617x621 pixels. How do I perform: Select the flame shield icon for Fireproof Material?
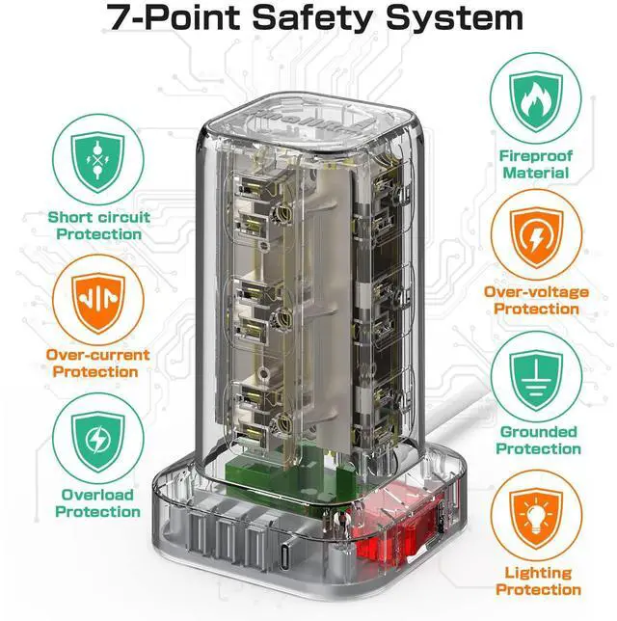coord(536,101)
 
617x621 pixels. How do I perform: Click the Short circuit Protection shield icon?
coord(98,161)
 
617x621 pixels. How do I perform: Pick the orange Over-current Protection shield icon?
coord(98,302)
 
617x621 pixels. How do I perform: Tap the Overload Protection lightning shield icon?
coord(98,441)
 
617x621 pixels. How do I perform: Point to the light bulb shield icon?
coord(536,518)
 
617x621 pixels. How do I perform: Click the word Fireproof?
coord(535,155)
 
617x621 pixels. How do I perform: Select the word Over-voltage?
coord(536,292)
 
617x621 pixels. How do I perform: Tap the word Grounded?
coord(538,432)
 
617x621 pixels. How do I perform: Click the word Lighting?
coord(538,573)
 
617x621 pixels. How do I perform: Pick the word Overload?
coord(97,495)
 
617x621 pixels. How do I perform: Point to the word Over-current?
coord(97,355)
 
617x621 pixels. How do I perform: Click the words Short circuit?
coord(99,217)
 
